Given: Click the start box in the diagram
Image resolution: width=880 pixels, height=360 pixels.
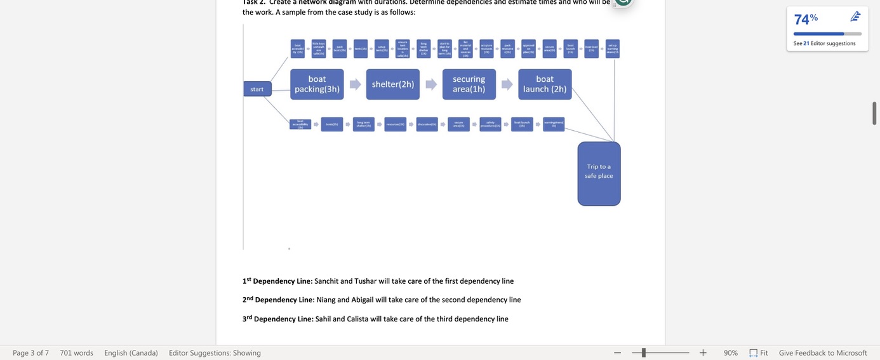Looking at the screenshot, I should [x=257, y=89].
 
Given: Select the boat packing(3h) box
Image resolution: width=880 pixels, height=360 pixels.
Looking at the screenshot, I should [x=317, y=84].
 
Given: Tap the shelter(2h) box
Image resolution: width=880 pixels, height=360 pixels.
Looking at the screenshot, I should [x=393, y=84].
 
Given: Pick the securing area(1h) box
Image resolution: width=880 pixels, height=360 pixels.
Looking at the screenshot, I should [x=469, y=84].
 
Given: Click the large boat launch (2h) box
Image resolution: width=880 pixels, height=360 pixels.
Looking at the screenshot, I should [x=545, y=84].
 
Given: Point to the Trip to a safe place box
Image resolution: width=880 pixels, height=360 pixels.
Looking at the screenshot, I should [x=599, y=173].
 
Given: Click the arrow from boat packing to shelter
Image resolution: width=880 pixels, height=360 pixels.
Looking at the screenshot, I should [x=355, y=84].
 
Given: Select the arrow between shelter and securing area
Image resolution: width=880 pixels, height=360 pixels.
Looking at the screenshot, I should [x=431, y=84].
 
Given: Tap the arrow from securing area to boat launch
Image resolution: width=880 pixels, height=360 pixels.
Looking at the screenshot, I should [x=507, y=84].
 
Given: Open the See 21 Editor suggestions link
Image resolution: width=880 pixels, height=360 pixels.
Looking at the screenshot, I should [x=824, y=43].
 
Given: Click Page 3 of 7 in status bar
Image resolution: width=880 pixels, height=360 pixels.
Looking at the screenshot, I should [x=30, y=352].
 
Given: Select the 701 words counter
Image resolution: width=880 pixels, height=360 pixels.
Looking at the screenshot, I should [x=76, y=352].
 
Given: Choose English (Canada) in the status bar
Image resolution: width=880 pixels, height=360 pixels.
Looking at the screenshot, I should [x=131, y=352].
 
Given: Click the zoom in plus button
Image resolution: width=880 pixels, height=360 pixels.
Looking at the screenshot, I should [x=703, y=352].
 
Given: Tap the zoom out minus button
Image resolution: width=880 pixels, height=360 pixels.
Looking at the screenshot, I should [x=617, y=352].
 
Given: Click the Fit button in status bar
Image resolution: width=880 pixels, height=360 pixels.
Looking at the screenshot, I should [x=759, y=352].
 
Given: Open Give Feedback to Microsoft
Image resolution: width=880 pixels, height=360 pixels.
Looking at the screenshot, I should [x=823, y=352].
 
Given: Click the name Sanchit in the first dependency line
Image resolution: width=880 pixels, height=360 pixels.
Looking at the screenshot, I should [x=326, y=281].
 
